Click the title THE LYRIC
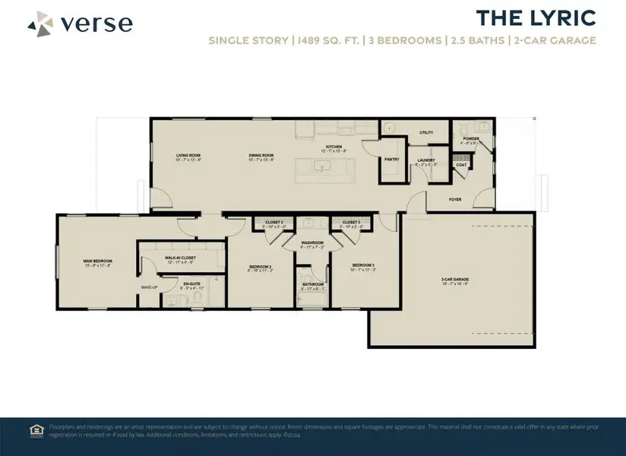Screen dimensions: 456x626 [536, 18]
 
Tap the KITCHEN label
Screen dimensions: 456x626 [334, 147]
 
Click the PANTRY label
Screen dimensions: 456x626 [392, 160]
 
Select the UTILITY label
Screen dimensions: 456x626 [426, 133]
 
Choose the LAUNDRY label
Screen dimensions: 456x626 [425, 160]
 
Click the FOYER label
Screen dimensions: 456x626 [455, 200]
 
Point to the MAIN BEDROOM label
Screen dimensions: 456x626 [97, 261]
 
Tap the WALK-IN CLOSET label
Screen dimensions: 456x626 [180, 258]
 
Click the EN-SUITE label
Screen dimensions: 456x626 [191, 283]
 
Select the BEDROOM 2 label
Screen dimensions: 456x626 [261, 266]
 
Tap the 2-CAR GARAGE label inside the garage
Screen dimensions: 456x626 [453, 280]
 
